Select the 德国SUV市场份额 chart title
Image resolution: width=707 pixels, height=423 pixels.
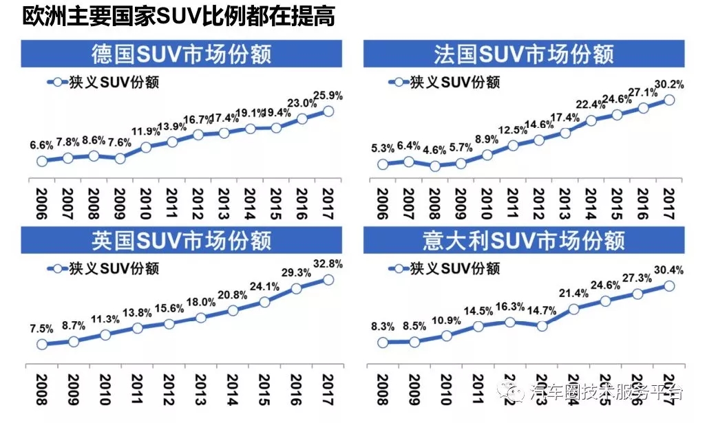pyautogui.click(x=182, y=54)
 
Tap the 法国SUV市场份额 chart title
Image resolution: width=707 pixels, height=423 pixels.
pyautogui.click(x=523, y=54)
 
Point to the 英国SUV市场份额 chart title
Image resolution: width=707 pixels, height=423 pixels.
pyautogui.click(x=182, y=240)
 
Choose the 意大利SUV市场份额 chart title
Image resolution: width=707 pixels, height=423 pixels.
pyautogui.click(x=523, y=240)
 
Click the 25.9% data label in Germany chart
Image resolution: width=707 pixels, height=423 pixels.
pyautogui.click(x=328, y=96)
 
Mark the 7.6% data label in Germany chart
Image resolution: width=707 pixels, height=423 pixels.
pyautogui.click(x=120, y=144)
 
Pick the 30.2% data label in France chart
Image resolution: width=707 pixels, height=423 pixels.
pyautogui.click(x=669, y=85)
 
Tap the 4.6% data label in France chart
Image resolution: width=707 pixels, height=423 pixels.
pyautogui.click(x=434, y=151)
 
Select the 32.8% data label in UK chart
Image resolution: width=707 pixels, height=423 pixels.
pyautogui.click(x=328, y=263)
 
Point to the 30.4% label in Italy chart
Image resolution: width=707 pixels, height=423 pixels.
pyautogui.click(x=668, y=270)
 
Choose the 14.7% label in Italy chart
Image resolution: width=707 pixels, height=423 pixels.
pyautogui.click(x=542, y=310)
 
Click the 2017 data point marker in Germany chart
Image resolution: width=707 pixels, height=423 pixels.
pyautogui.click(x=328, y=111)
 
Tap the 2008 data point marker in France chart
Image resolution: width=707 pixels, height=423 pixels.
pyautogui.click(x=434, y=166)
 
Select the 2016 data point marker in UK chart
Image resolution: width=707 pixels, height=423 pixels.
pyautogui.click(x=296, y=289)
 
